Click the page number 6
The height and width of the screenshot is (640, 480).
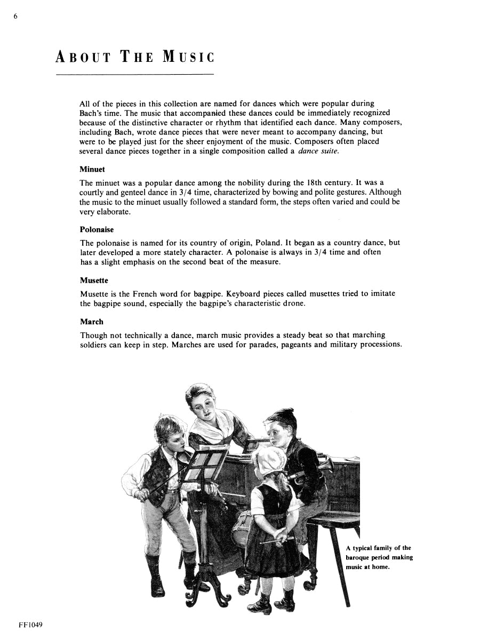pyautogui.click(x=16, y=17)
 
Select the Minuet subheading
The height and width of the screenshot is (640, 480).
pyautogui.click(x=92, y=169)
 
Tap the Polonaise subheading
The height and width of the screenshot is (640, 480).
pyautogui.click(x=97, y=230)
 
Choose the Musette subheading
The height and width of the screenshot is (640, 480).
pyautogui.click(x=94, y=281)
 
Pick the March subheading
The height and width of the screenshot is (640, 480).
pyautogui.click(x=92, y=322)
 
